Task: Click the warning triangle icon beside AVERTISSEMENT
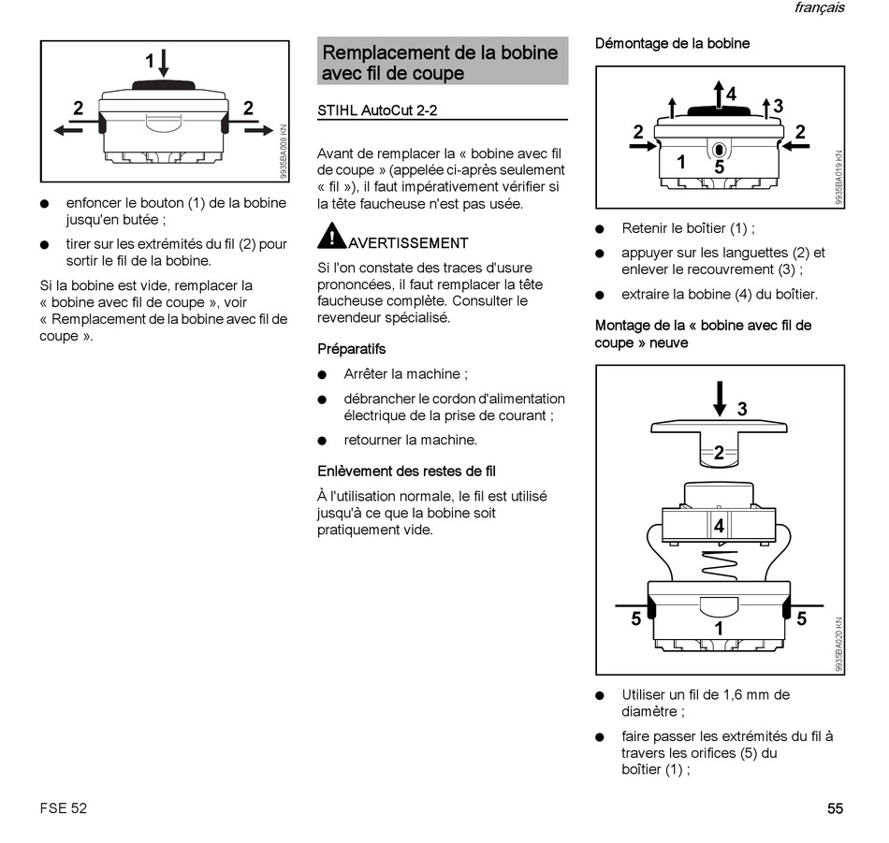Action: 331,237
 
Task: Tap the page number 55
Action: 835,808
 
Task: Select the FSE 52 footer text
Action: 64,808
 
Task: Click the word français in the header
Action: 819,7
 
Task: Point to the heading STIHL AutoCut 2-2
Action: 377,110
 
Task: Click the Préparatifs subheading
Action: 351,349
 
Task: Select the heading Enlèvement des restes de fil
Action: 406,472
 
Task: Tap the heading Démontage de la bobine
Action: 672,43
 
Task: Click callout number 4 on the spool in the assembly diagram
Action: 719,526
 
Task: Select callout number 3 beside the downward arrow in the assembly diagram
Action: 742,409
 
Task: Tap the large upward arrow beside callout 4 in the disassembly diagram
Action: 718,94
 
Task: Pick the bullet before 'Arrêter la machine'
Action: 322,374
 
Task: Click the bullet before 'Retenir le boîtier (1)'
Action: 600,229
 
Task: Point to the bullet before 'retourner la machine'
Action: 322,441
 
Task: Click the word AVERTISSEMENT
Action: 408,243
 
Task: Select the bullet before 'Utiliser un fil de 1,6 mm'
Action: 600,695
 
